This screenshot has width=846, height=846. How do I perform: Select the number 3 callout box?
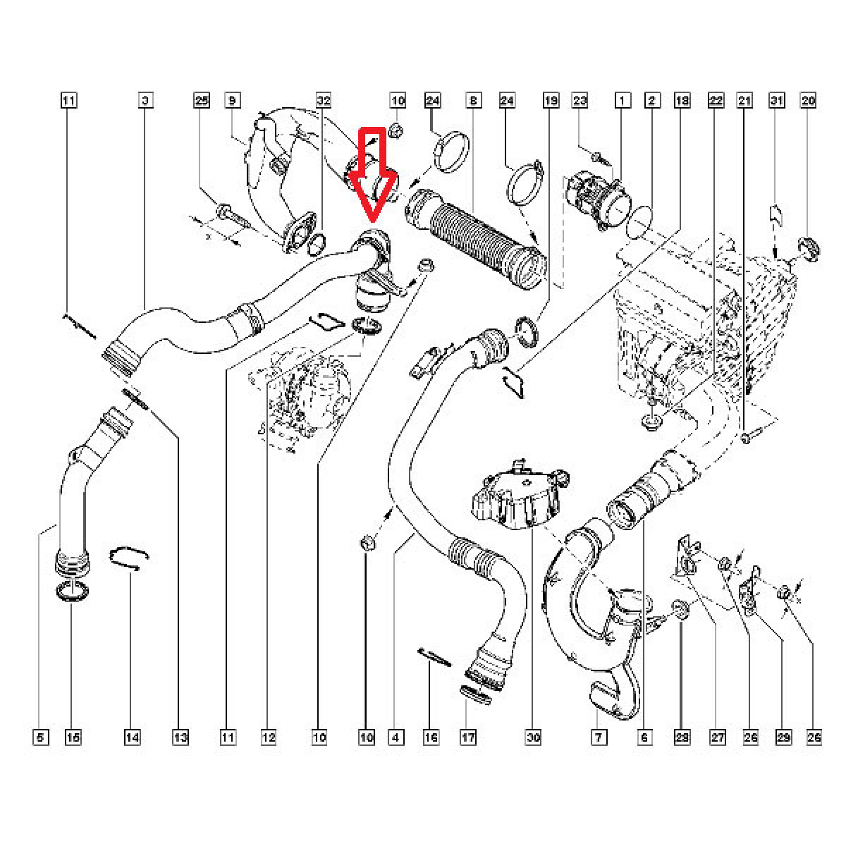tap(144, 101)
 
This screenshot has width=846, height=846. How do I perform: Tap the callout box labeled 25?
tap(202, 101)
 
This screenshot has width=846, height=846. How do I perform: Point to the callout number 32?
tap(324, 101)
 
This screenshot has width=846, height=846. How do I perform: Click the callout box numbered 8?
tap(472, 101)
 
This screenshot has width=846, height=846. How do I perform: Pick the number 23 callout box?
tap(580, 101)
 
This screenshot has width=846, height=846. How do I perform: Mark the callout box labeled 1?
tap(622, 101)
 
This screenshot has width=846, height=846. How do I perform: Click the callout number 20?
tap(808, 101)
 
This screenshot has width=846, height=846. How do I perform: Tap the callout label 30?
tap(533, 737)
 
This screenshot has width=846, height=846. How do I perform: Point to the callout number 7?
tap(598, 737)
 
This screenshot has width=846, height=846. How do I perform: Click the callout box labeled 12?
tap(268, 737)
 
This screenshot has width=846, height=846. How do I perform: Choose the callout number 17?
tap(467, 737)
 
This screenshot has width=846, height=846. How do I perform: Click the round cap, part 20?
tap(807, 249)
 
